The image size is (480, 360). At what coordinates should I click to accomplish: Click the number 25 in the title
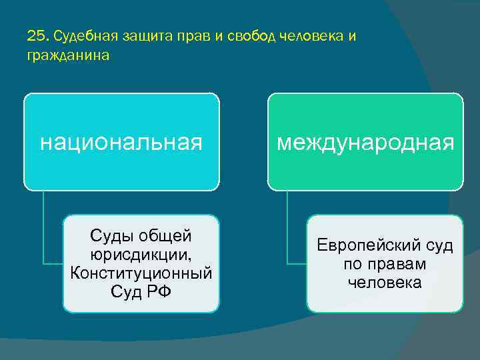pyautogui.click(x=36, y=35)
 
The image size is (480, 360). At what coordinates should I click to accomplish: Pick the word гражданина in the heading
pyautogui.click(x=68, y=56)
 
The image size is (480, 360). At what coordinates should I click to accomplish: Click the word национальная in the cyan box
pyautogui.click(x=121, y=142)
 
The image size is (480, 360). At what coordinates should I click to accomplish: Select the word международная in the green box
pyautogui.click(x=365, y=142)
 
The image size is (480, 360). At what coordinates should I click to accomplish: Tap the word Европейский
pyautogui.click(x=369, y=246)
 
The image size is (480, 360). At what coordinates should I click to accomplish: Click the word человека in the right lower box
pyautogui.click(x=385, y=282)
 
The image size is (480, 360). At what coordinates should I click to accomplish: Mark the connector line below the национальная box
pyautogui.click(x=43, y=227)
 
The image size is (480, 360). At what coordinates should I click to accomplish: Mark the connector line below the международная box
pyautogui.click(x=288, y=227)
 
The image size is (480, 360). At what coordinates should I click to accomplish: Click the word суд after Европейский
pyautogui.click(x=438, y=246)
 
